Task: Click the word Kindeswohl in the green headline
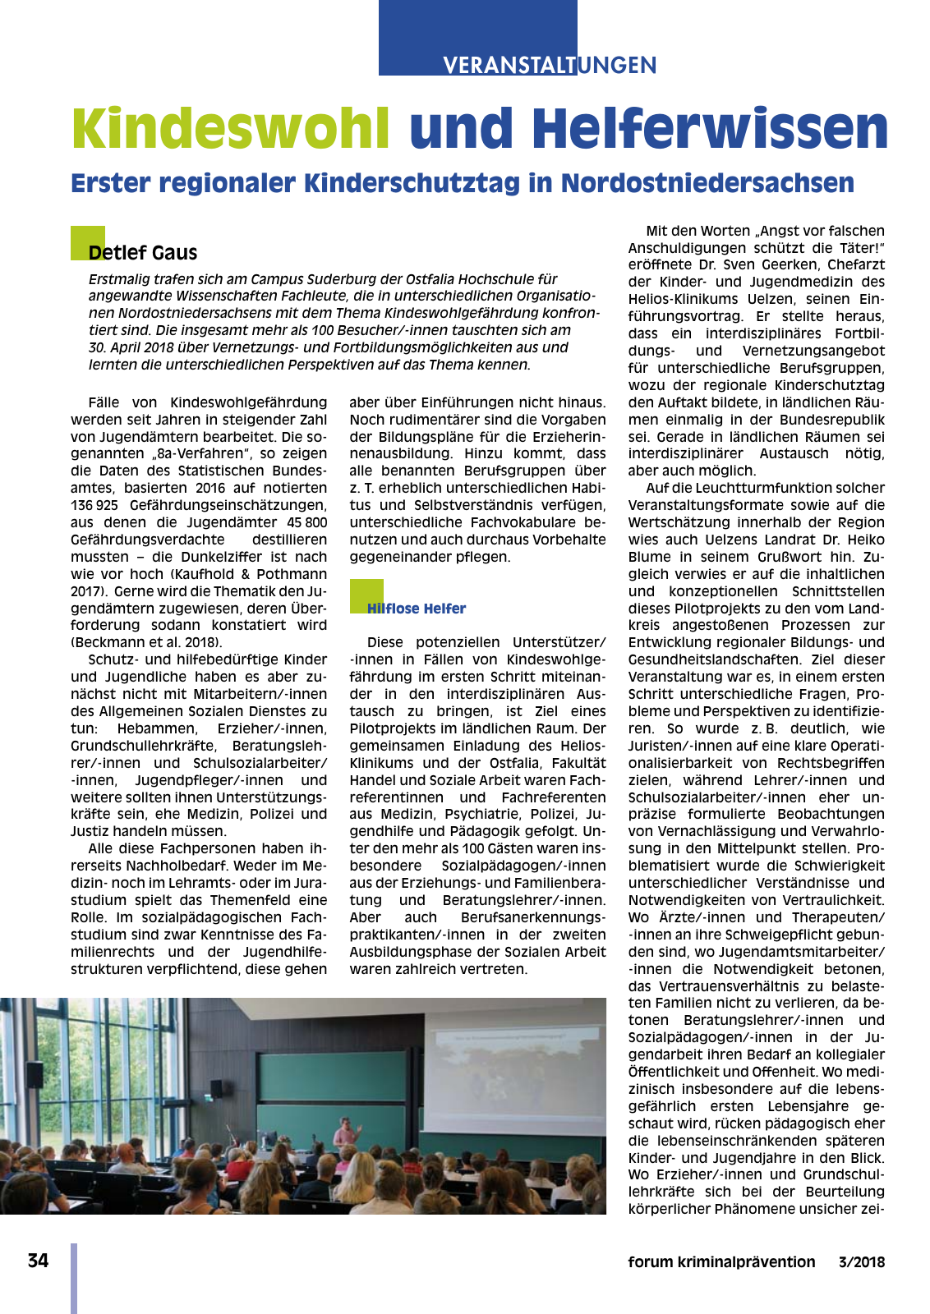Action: pos(230,129)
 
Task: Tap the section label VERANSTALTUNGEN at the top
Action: pos(550,66)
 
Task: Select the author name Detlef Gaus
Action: pos(143,253)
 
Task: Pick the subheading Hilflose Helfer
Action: pos(417,609)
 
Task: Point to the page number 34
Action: pos(38,1261)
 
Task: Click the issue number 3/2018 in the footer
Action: pos(861,1262)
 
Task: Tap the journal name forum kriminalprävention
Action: pos(721,1262)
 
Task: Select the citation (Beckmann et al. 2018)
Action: pos(146,642)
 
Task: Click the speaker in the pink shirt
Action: pos(347,1133)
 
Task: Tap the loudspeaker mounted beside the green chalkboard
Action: pos(216,1089)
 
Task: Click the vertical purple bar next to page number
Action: pos(74,1278)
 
